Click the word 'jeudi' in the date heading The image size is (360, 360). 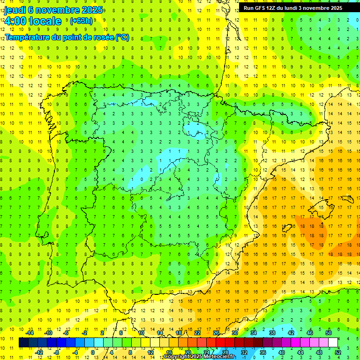point(16,10)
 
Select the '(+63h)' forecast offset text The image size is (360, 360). point(81,21)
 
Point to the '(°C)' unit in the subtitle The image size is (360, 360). point(122,37)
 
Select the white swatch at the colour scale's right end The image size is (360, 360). point(333,343)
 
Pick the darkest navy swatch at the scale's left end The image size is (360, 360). point(23,343)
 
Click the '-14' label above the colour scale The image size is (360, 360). point(30,333)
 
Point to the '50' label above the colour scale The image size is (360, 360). point(329,333)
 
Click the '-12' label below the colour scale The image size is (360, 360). point(39,352)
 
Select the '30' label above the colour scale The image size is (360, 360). point(235,333)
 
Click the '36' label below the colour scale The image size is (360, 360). point(263,352)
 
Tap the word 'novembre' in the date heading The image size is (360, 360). point(54,10)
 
